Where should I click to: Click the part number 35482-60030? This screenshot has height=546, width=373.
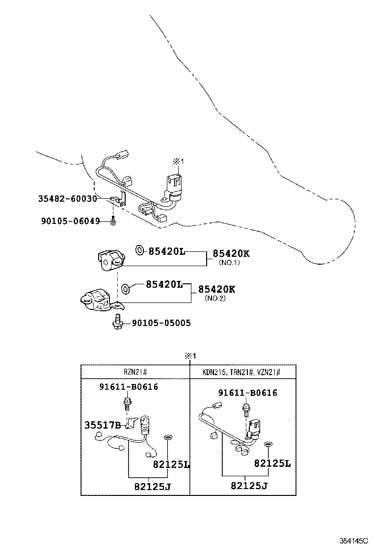tap(67, 199)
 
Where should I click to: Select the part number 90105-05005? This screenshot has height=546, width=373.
tap(161, 323)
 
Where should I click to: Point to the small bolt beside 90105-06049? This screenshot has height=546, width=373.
tap(113, 221)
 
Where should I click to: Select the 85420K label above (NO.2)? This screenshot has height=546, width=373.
tap(216, 289)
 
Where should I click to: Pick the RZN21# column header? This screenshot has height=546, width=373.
tap(135, 372)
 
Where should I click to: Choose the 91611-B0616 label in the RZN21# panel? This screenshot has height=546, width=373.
tap(129, 387)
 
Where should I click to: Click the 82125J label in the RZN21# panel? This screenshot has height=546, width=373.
tap(155, 487)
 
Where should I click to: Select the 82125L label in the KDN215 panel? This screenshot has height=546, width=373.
tap(272, 463)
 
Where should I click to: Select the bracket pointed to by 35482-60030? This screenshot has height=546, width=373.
tap(118, 198)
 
